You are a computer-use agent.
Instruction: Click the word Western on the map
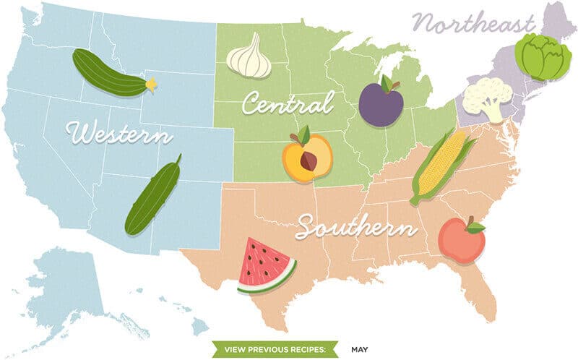click(118, 134)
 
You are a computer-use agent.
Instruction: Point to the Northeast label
click(474, 24)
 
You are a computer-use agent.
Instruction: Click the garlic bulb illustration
click(249, 57)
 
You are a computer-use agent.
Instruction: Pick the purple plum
click(381, 104)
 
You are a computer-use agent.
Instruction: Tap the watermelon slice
click(265, 265)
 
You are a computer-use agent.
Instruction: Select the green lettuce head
click(543, 56)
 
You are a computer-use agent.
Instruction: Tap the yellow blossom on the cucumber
click(151, 85)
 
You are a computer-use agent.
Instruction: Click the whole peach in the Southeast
click(462, 241)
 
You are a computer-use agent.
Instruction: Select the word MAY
click(360, 350)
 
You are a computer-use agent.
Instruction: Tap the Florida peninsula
click(480, 289)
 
